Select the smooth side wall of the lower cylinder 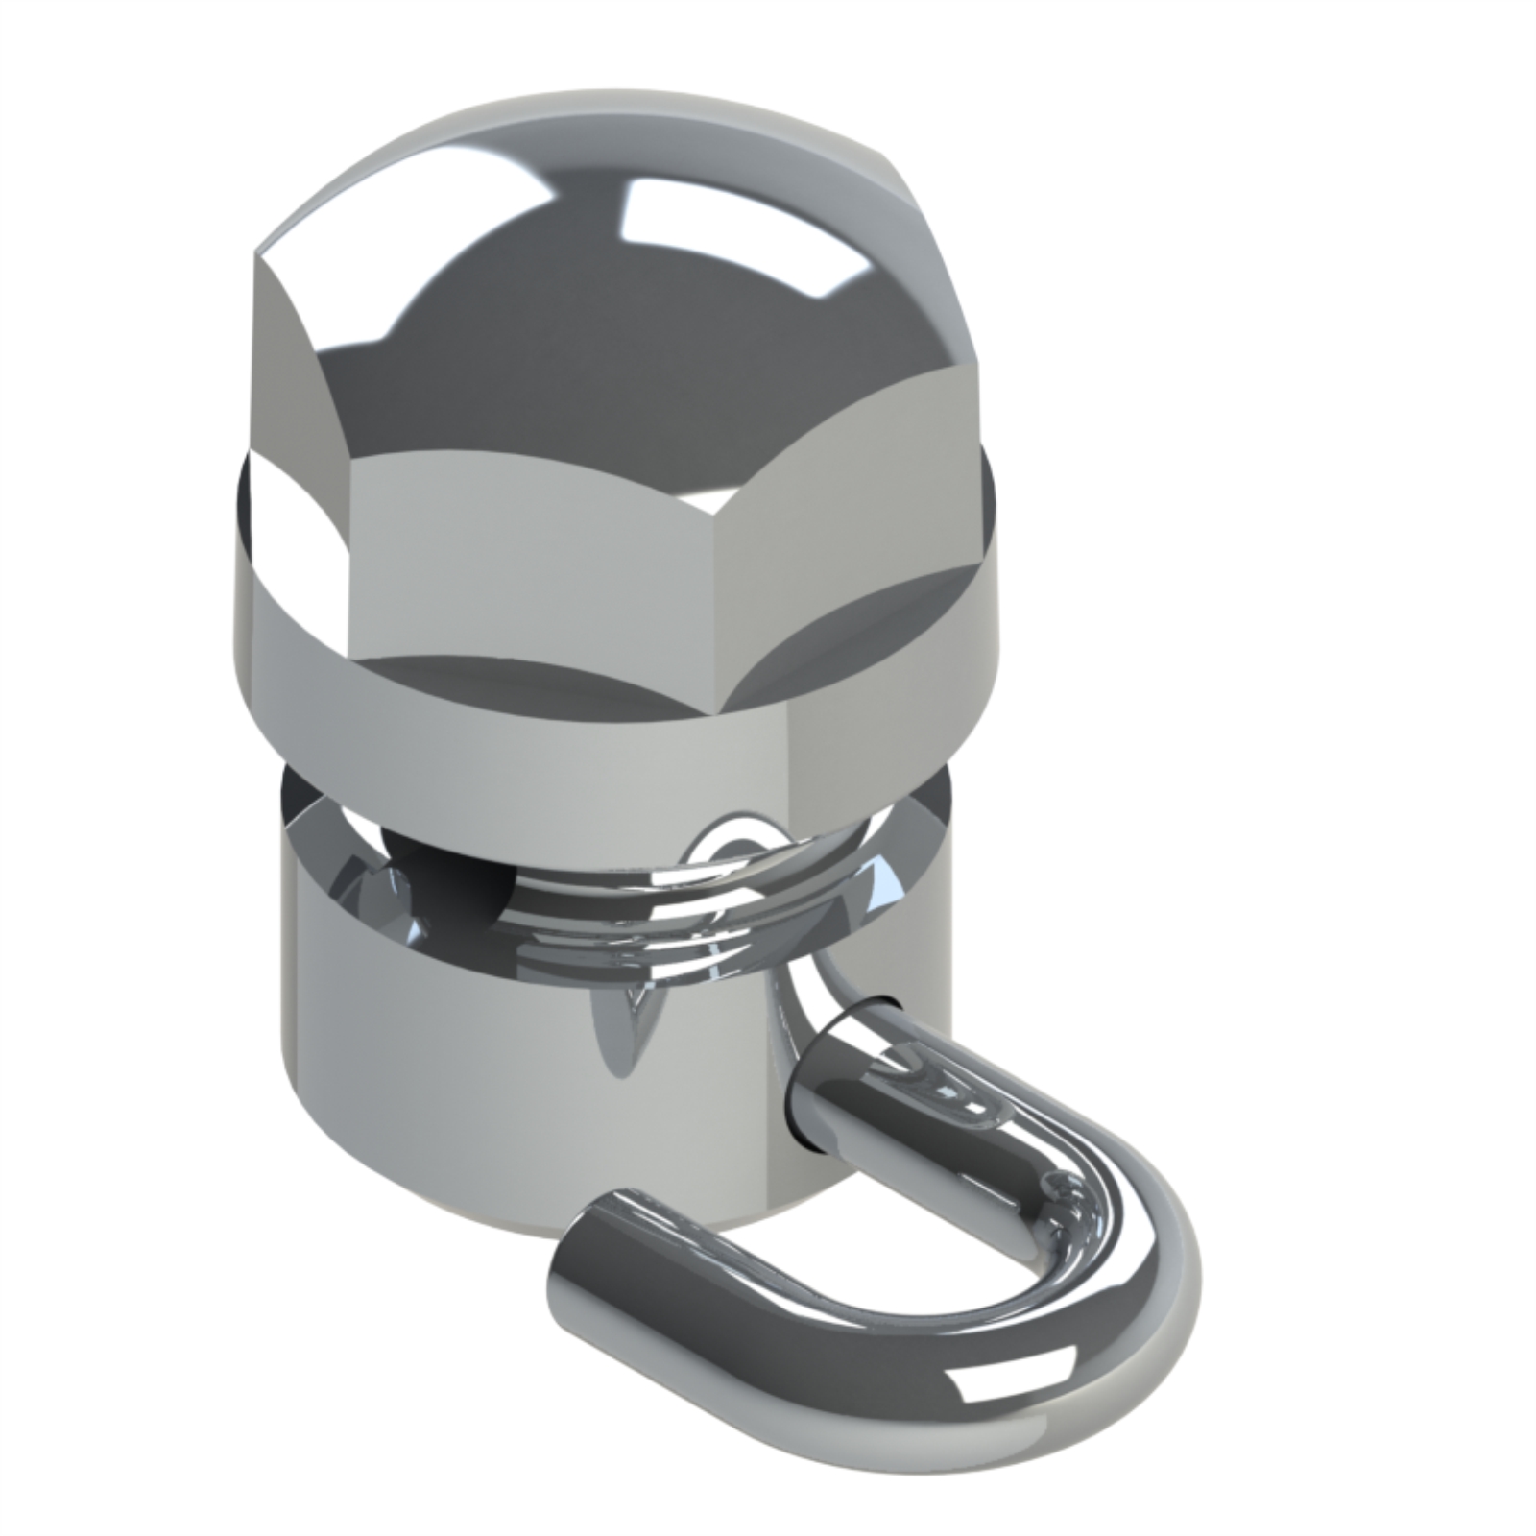pos(432,1075)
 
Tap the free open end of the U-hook pos(595,1238)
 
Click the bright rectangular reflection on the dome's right pos(730,230)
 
